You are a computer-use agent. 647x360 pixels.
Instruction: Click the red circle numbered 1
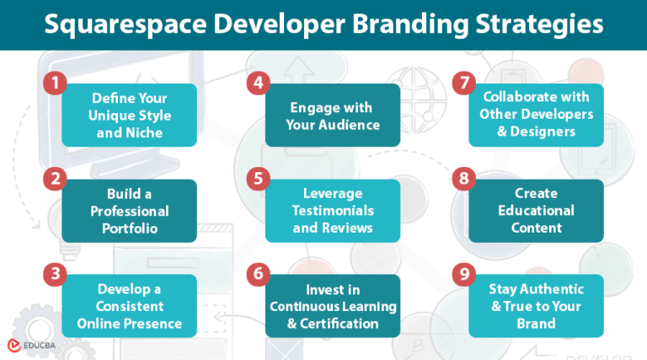[x=54, y=84]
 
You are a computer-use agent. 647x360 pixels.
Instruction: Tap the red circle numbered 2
[x=54, y=179]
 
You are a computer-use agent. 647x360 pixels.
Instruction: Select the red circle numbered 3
[x=54, y=274]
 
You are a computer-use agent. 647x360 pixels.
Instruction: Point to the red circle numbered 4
[x=257, y=84]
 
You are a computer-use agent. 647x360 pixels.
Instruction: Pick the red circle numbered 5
[x=257, y=179]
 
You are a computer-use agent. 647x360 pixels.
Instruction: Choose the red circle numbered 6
[x=257, y=274]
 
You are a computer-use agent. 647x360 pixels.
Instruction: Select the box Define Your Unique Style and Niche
[x=129, y=116]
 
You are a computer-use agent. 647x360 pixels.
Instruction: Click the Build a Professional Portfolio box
[x=129, y=211]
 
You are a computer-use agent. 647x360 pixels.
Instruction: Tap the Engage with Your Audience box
[x=332, y=116]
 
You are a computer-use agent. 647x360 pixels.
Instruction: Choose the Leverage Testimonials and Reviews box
[x=332, y=211]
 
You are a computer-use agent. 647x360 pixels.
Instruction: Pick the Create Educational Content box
[x=536, y=211]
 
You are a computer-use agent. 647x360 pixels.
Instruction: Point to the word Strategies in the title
[x=540, y=24]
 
